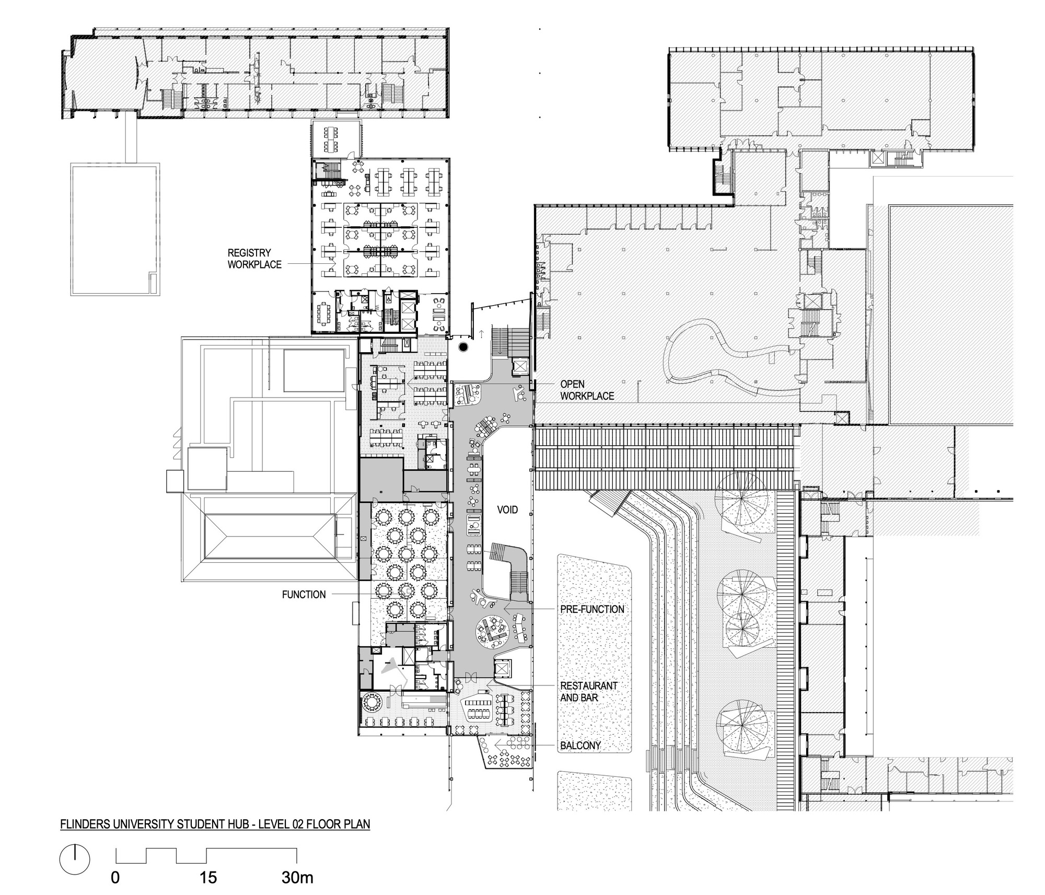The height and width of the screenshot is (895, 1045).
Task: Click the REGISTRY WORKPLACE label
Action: (254, 259)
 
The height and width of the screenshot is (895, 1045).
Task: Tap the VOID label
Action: (507, 509)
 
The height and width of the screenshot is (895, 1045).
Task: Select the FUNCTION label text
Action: (304, 594)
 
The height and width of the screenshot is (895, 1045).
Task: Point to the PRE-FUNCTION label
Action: (592, 609)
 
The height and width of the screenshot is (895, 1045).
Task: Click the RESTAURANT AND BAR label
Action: (589, 691)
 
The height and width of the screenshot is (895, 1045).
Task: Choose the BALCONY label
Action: (580, 746)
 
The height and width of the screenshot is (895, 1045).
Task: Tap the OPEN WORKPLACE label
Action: (587, 390)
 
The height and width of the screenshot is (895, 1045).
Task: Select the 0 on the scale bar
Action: (115, 877)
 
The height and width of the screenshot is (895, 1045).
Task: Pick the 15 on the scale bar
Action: (208, 877)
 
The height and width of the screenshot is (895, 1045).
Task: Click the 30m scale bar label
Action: (297, 877)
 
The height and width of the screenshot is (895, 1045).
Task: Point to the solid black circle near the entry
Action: (463, 347)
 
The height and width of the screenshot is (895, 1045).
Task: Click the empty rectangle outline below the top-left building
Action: (115, 229)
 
